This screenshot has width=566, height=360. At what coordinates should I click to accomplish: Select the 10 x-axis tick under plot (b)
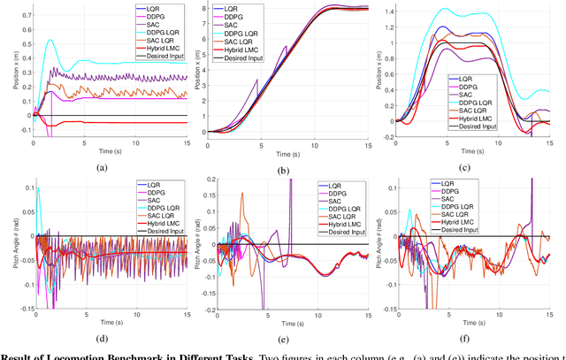point(318,141)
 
